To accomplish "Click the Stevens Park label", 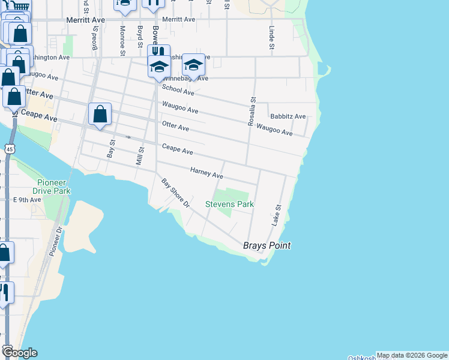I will coord(229,205).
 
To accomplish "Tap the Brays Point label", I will coord(267,245).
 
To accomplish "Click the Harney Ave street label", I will coord(206,173).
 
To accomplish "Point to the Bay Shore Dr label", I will coord(175,193).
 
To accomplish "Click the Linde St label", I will coord(272,38).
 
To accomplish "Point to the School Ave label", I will coord(178,90).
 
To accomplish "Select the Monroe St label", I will coord(122,40).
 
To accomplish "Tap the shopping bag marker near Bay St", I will coord(100,114).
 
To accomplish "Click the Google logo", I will coord(19,352).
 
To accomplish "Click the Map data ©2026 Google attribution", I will coord(412,355).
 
